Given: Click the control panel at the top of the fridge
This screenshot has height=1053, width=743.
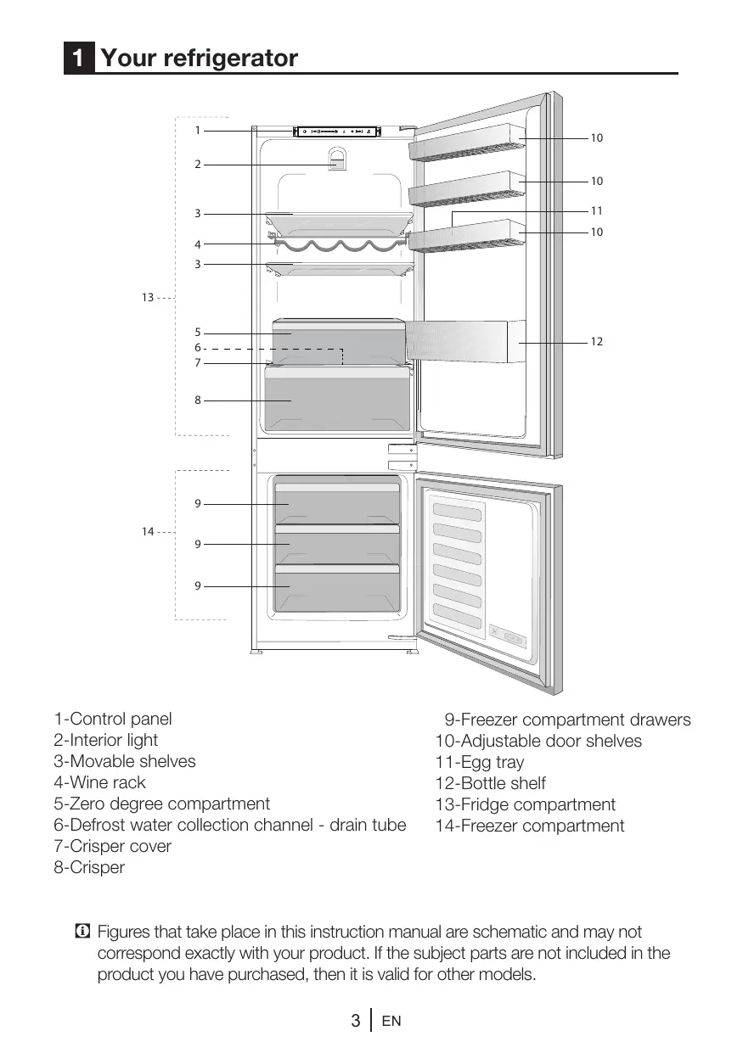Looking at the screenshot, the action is tap(336, 132).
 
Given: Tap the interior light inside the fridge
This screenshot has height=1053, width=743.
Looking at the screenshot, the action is tap(337, 159).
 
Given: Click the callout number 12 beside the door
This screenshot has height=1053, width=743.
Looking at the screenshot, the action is tap(597, 342).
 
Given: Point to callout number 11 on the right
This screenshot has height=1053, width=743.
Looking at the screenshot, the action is tap(597, 211).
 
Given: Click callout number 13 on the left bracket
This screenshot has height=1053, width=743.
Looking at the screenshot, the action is tap(148, 298).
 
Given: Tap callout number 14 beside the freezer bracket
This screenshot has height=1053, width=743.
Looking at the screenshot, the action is tap(148, 532).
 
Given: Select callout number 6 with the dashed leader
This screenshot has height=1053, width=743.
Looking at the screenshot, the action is tap(198, 348).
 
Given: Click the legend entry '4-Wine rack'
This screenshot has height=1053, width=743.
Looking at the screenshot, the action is tap(99, 782).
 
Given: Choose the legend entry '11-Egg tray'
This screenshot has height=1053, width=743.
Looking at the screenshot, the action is tap(480, 762).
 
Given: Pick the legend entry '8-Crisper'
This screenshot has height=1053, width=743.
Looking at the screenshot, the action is tap(89, 867).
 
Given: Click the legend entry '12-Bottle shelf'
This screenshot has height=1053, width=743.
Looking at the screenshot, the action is tap(490, 783).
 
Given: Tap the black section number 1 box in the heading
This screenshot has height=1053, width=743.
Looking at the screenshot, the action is tap(79, 58).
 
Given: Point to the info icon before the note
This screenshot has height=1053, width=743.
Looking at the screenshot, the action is tap(82, 932).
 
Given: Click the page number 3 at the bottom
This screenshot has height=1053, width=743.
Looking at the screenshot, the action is tap(356, 1021).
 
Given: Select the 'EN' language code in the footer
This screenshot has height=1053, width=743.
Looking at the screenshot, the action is tap(391, 1021).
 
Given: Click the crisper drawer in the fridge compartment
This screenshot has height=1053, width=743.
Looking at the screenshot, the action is tap(337, 399).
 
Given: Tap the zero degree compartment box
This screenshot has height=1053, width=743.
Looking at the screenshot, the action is tap(338, 342).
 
